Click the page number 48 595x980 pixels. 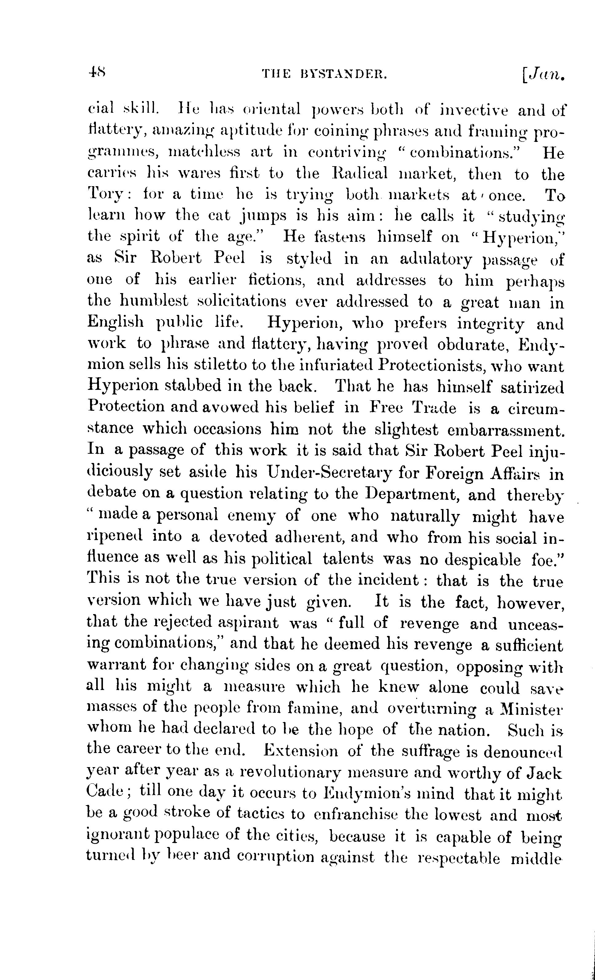[x=96, y=73]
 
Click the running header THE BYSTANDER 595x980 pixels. [x=324, y=74]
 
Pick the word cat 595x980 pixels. [x=219, y=216]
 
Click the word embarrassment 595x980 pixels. [x=506, y=430]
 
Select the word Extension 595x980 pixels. [x=301, y=751]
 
